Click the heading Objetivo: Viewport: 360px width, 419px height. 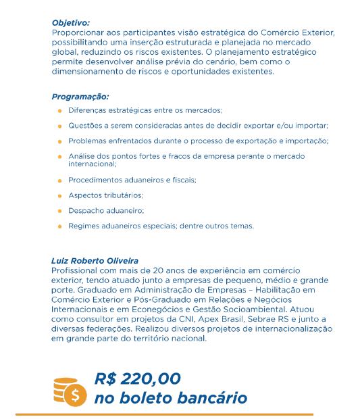[x=70, y=22]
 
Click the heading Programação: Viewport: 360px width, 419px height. [x=80, y=96]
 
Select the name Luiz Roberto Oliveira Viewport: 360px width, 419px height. [x=95, y=260]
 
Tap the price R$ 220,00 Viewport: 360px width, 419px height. [x=138, y=378]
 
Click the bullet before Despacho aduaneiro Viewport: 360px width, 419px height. [x=59, y=211]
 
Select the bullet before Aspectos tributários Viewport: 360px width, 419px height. [x=59, y=195]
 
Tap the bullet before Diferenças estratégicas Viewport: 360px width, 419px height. [x=59, y=110]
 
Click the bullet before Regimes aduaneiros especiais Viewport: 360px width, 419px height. [x=59, y=226]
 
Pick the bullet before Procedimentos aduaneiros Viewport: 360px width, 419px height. [x=59, y=180]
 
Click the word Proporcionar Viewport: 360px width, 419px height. [x=78, y=32]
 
